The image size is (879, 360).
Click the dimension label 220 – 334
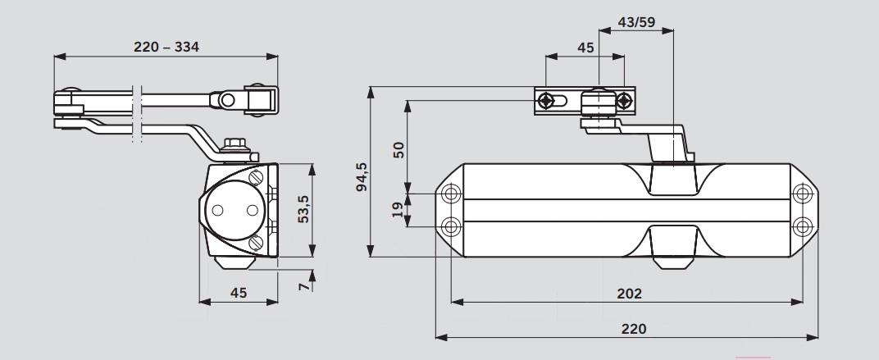(x=166, y=47)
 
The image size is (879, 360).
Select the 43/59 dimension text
(x=636, y=22)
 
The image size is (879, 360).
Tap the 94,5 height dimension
(x=362, y=176)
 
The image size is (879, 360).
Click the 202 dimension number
(x=629, y=294)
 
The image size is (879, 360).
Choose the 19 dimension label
(x=397, y=210)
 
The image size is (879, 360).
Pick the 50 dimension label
(x=398, y=149)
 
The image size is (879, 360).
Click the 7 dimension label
(x=303, y=286)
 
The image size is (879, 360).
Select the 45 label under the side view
(x=239, y=293)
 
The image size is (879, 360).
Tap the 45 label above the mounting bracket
(x=585, y=48)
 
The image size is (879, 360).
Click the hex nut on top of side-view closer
(x=235, y=144)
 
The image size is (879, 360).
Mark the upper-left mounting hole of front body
(x=451, y=194)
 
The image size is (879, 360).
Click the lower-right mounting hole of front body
(x=803, y=226)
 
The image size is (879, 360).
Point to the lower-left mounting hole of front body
(x=451, y=227)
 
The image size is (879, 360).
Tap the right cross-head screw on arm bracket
(x=624, y=101)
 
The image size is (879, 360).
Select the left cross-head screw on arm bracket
(x=545, y=101)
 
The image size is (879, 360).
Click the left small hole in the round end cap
(x=217, y=210)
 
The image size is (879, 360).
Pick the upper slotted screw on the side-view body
(x=256, y=177)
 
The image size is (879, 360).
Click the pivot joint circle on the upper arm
(x=227, y=100)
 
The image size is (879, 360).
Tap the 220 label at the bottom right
(x=634, y=329)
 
